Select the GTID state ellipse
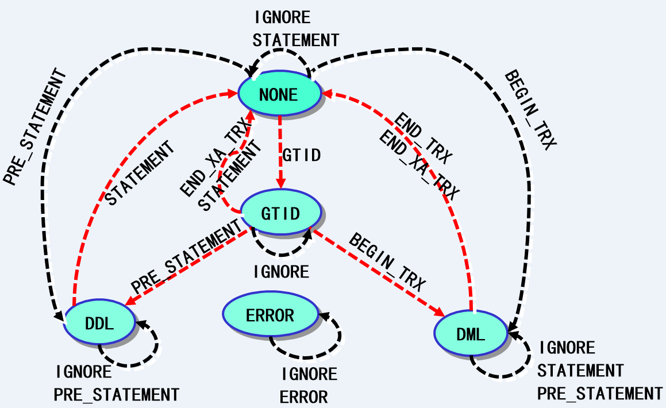click(280, 213)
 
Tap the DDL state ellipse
click(99, 322)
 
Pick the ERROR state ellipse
click(270, 315)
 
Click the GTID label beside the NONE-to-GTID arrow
click(301, 155)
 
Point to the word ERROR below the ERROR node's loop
click(304, 397)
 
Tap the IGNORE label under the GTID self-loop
click(281, 271)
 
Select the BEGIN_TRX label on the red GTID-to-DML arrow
click(387, 263)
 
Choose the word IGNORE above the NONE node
click(282, 17)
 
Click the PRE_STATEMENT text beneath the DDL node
click(117, 395)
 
